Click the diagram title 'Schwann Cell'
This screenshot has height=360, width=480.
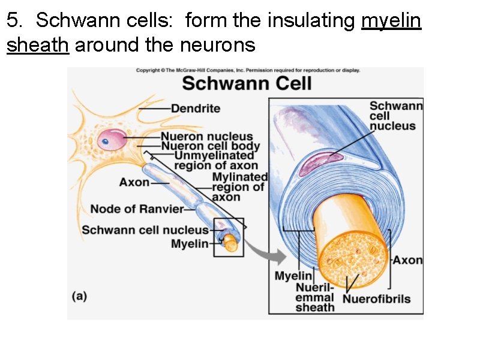tap(247, 83)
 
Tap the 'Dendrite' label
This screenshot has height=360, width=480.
tap(196, 109)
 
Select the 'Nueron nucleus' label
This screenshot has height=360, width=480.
tap(206, 137)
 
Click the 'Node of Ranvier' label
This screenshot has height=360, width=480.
tap(137, 209)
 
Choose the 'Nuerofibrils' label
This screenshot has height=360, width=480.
tap(376, 299)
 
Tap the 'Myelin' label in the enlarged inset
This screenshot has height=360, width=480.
tap(293, 276)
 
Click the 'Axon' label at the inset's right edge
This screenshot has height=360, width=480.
tap(408, 260)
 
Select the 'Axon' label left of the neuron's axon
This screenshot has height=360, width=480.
tap(134, 182)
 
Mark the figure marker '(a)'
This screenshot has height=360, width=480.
tap(80, 296)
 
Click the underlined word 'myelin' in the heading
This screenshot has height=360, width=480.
tap(391, 22)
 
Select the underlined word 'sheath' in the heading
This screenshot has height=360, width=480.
tap(38, 44)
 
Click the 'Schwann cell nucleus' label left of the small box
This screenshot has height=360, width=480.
tap(145, 230)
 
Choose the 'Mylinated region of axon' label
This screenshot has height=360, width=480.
tap(239, 187)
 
